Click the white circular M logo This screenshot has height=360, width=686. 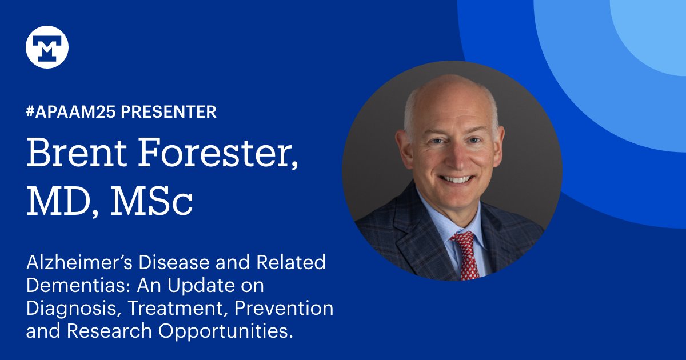tap(47, 47)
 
